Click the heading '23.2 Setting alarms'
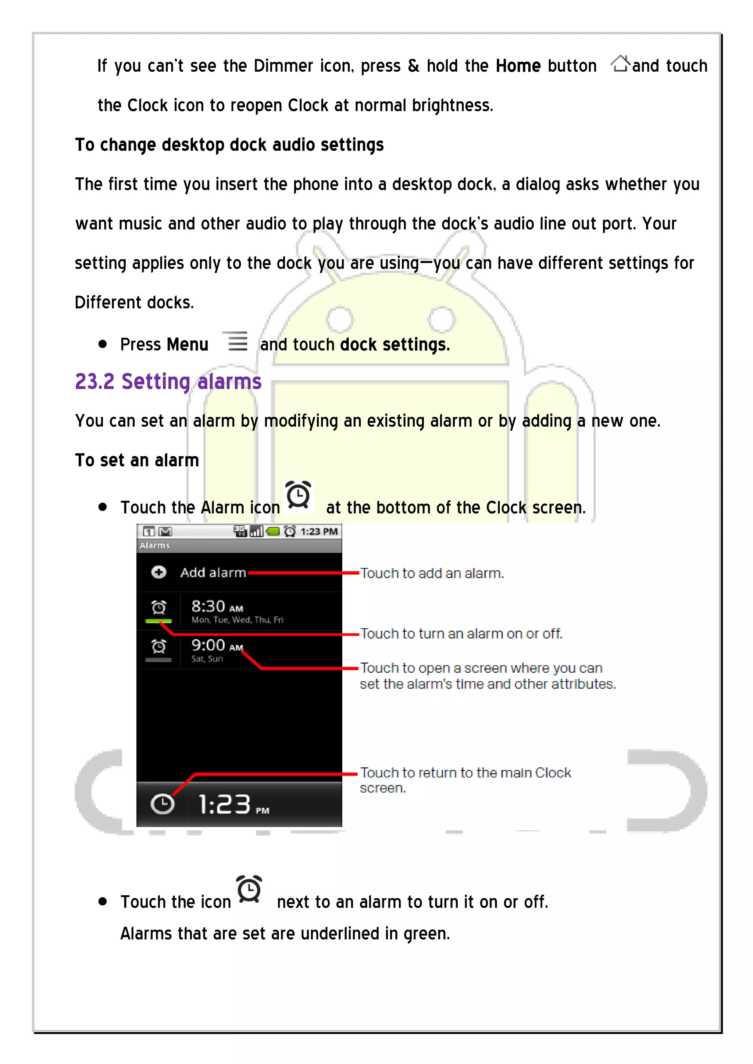point(168,382)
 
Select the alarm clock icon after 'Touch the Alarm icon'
point(298,495)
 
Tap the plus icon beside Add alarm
point(158,572)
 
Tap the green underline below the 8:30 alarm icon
point(158,621)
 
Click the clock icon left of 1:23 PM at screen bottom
point(162,804)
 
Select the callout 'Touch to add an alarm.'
point(432,573)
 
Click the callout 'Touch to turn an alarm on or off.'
point(461,633)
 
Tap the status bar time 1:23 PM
point(319,532)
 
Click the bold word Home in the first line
point(518,66)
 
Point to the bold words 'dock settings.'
point(395,345)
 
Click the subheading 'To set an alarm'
point(137,460)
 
